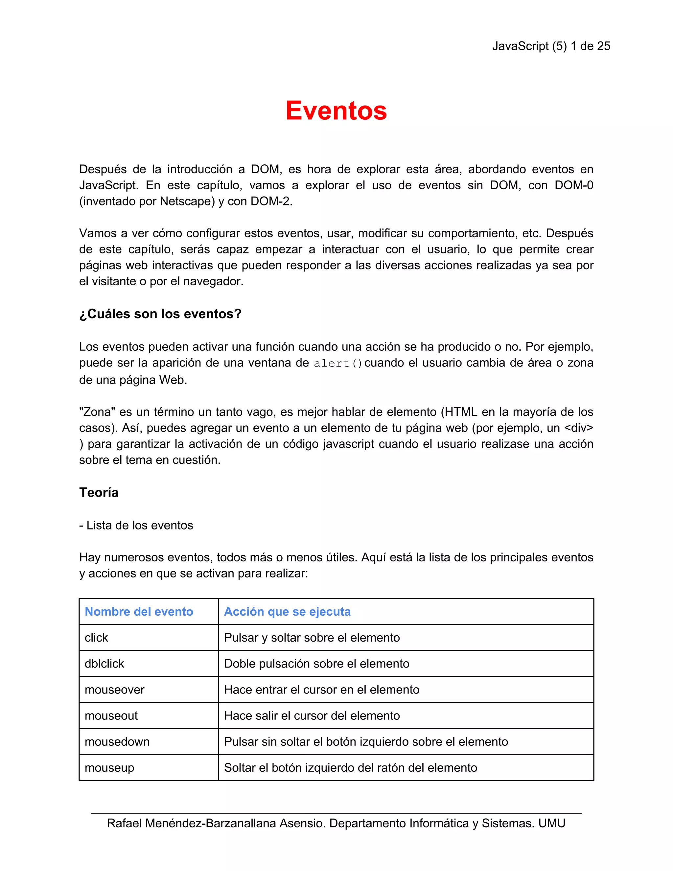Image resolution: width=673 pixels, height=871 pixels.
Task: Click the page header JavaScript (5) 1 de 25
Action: (x=551, y=46)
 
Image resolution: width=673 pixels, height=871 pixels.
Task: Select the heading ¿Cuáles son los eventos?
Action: (x=160, y=314)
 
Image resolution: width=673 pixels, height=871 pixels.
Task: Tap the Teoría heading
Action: (x=99, y=493)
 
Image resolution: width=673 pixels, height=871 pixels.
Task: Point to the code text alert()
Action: (x=338, y=363)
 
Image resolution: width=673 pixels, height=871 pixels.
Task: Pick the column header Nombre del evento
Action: (x=139, y=611)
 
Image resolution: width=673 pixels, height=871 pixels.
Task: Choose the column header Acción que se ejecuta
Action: (x=287, y=611)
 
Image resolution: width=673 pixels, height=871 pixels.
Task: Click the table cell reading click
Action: (x=97, y=638)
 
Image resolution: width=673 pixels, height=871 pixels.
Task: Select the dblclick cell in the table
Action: (x=104, y=664)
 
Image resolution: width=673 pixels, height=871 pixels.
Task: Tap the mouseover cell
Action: (x=114, y=690)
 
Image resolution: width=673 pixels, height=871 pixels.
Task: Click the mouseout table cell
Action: (x=111, y=716)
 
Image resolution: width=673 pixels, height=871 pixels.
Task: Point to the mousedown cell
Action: (x=117, y=742)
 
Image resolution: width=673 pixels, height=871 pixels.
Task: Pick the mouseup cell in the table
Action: (x=110, y=768)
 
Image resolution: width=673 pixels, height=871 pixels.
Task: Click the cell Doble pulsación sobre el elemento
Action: (x=316, y=664)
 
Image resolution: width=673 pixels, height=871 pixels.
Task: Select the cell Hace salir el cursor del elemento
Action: (x=312, y=716)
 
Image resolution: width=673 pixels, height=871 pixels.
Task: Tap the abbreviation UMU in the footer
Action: (x=552, y=823)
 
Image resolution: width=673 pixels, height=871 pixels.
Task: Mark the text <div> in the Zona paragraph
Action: (x=578, y=428)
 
